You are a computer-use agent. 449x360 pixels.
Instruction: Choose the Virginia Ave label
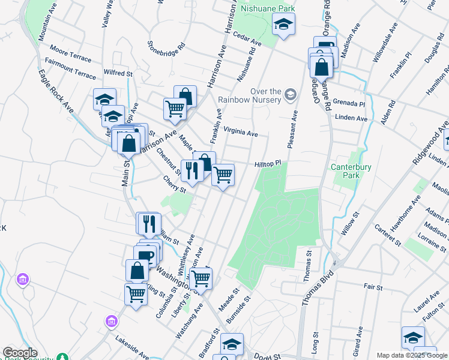click(240, 132)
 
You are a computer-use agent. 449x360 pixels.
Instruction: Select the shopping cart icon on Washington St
click(200, 278)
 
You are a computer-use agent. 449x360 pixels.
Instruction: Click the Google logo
click(20, 353)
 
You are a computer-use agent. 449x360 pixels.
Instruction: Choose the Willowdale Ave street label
click(384, 42)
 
